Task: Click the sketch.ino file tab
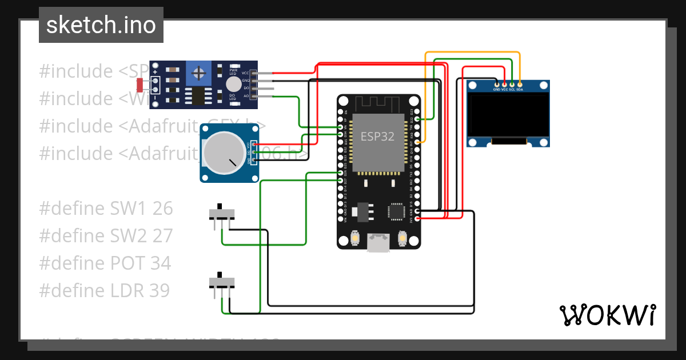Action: pyautogui.click(x=101, y=25)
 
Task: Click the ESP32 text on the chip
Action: pyautogui.click(x=377, y=137)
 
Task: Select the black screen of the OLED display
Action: pyautogui.click(x=508, y=114)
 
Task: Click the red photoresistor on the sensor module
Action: pyautogui.click(x=140, y=85)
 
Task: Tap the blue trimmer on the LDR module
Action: pyautogui.click(x=198, y=73)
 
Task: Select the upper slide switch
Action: pyautogui.click(x=221, y=214)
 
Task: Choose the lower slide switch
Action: pyautogui.click(x=221, y=282)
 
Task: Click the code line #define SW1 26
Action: pyautogui.click(x=106, y=209)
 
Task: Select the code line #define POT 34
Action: pyautogui.click(x=105, y=263)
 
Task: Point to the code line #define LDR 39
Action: pyautogui.click(x=105, y=291)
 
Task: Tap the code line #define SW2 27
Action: pyautogui.click(x=106, y=236)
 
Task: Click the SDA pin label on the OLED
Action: pyautogui.click(x=520, y=89)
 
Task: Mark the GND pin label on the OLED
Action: pyautogui.click(x=496, y=89)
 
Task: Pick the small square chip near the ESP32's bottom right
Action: pyautogui.click(x=396, y=212)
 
